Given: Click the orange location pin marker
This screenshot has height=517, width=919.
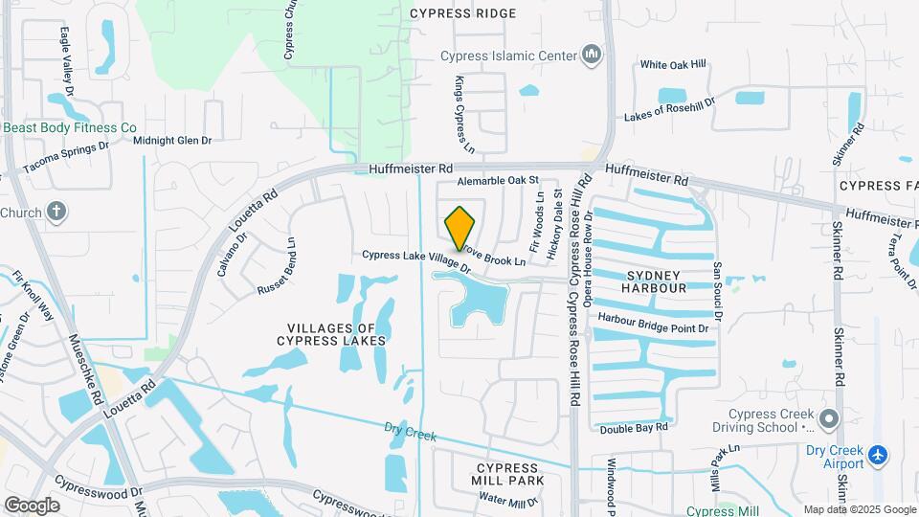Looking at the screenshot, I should click(x=459, y=228).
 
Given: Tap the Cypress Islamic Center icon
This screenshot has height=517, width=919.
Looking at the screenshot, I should click(x=592, y=55).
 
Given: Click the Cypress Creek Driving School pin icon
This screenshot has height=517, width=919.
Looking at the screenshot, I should click(x=829, y=419).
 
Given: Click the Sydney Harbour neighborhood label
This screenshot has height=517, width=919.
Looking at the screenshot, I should click(x=654, y=281).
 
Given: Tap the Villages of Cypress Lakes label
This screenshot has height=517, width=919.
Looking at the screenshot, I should click(x=331, y=333).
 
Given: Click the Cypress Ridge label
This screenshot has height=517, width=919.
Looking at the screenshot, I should click(x=462, y=13).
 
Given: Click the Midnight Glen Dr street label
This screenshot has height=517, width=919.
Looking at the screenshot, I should click(x=172, y=141).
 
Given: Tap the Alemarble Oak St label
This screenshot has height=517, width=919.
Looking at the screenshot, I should click(x=499, y=180).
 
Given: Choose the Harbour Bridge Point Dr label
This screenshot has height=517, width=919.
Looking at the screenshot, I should click(x=653, y=324).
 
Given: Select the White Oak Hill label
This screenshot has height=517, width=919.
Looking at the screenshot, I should click(x=673, y=65).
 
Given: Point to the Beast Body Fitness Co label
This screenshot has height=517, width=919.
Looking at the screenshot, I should click(x=69, y=127).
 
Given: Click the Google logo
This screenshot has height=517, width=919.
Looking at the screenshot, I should click(x=32, y=505).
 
